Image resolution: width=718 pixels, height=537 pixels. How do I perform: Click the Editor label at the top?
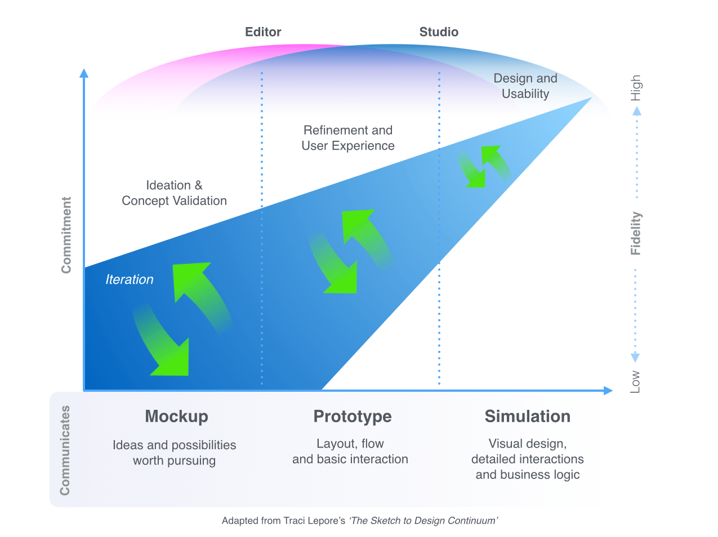pyautogui.click(x=263, y=32)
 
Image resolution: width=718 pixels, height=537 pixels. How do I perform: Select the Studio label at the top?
pyautogui.click(x=439, y=32)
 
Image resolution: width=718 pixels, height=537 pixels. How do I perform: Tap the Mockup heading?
pyautogui.click(x=176, y=417)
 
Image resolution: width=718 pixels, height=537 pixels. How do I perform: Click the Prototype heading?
pyautogui.click(x=353, y=417)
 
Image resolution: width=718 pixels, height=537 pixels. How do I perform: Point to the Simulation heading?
pyautogui.click(x=527, y=417)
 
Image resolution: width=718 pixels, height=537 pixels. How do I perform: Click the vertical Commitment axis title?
pyautogui.click(x=66, y=235)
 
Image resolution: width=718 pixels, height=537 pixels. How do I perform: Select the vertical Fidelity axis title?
pyautogui.click(x=636, y=233)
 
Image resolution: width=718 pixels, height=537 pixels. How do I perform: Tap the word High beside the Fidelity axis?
pyautogui.click(x=636, y=88)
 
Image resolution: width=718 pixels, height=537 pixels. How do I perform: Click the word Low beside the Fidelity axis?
pyautogui.click(x=635, y=381)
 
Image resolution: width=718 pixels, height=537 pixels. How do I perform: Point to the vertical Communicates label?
pyautogui.click(x=65, y=450)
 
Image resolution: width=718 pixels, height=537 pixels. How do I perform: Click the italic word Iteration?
pyautogui.click(x=130, y=280)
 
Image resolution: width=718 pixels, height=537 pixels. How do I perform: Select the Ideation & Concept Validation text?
pyautogui.click(x=174, y=193)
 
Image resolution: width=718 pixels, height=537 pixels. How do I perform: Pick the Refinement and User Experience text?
pyautogui.click(x=348, y=138)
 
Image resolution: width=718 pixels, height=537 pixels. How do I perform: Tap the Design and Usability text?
pyautogui.click(x=525, y=86)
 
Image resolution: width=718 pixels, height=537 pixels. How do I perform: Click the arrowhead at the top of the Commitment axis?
pyautogui.click(x=84, y=73)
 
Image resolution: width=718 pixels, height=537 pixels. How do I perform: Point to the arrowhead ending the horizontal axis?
pyautogui.click(x=608, y=390)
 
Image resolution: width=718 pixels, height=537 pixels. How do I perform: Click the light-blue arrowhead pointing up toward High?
pyautogui.click(x=637, y=111)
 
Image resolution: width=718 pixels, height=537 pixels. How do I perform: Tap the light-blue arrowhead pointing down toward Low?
pyautogui.click(x=635, y=357)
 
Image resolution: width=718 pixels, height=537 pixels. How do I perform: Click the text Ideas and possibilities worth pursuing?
pyautogui.click(x=175, y=453)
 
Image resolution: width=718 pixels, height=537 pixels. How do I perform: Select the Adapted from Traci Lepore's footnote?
pyautogui.click(x=359, y=521)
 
